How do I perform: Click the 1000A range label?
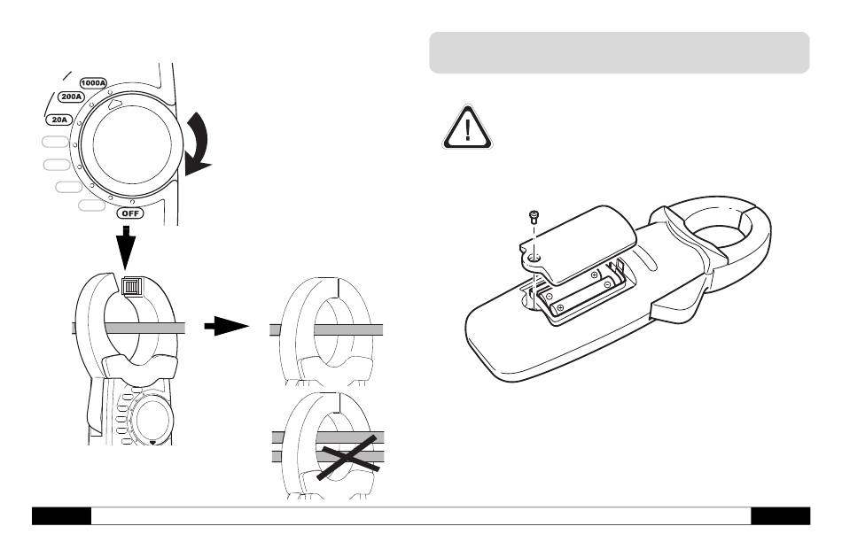(93, 82)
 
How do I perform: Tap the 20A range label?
(58, 117)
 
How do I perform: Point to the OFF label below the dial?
(131, 213)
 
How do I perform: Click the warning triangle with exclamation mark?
(466, 128)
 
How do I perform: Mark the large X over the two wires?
(348, 451)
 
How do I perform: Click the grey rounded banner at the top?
(619, 52)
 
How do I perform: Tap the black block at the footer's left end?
(61, 515)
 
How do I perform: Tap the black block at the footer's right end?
(780, 515)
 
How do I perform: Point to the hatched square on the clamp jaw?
(132, 286)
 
